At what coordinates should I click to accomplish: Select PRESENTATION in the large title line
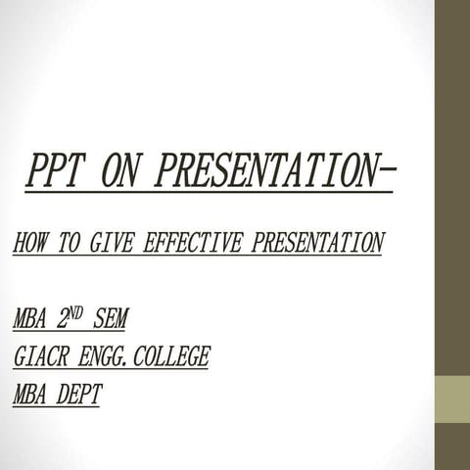coord(263,173)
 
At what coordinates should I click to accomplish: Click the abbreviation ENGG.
coord(104,357)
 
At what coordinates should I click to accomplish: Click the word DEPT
coord(79,396)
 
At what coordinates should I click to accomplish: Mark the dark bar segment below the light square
coord(452,446)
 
